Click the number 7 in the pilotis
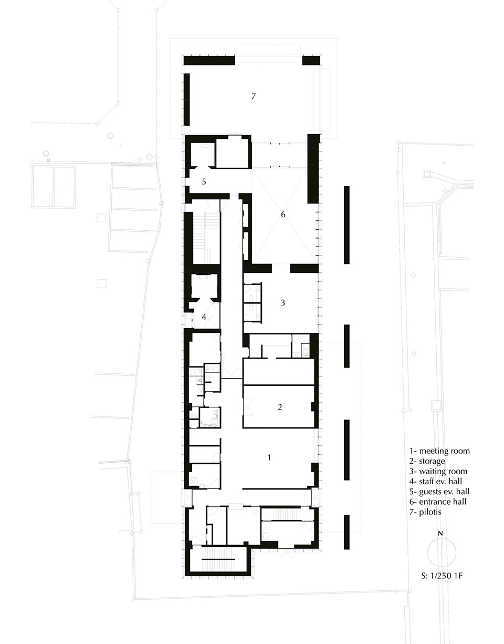pos(253,96)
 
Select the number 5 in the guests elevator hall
pos(204,181)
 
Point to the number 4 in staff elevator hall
pos(204,317)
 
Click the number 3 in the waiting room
pos(282,302)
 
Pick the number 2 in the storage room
pos(280,406)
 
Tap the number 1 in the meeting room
pos(269,457)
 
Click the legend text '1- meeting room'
pos(439,451)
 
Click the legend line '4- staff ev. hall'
pos(437,482)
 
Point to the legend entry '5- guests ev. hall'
pos(440,492)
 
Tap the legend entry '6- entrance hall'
pos(438,502)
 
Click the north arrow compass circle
pos(441,552)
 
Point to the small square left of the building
pos(102,283)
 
